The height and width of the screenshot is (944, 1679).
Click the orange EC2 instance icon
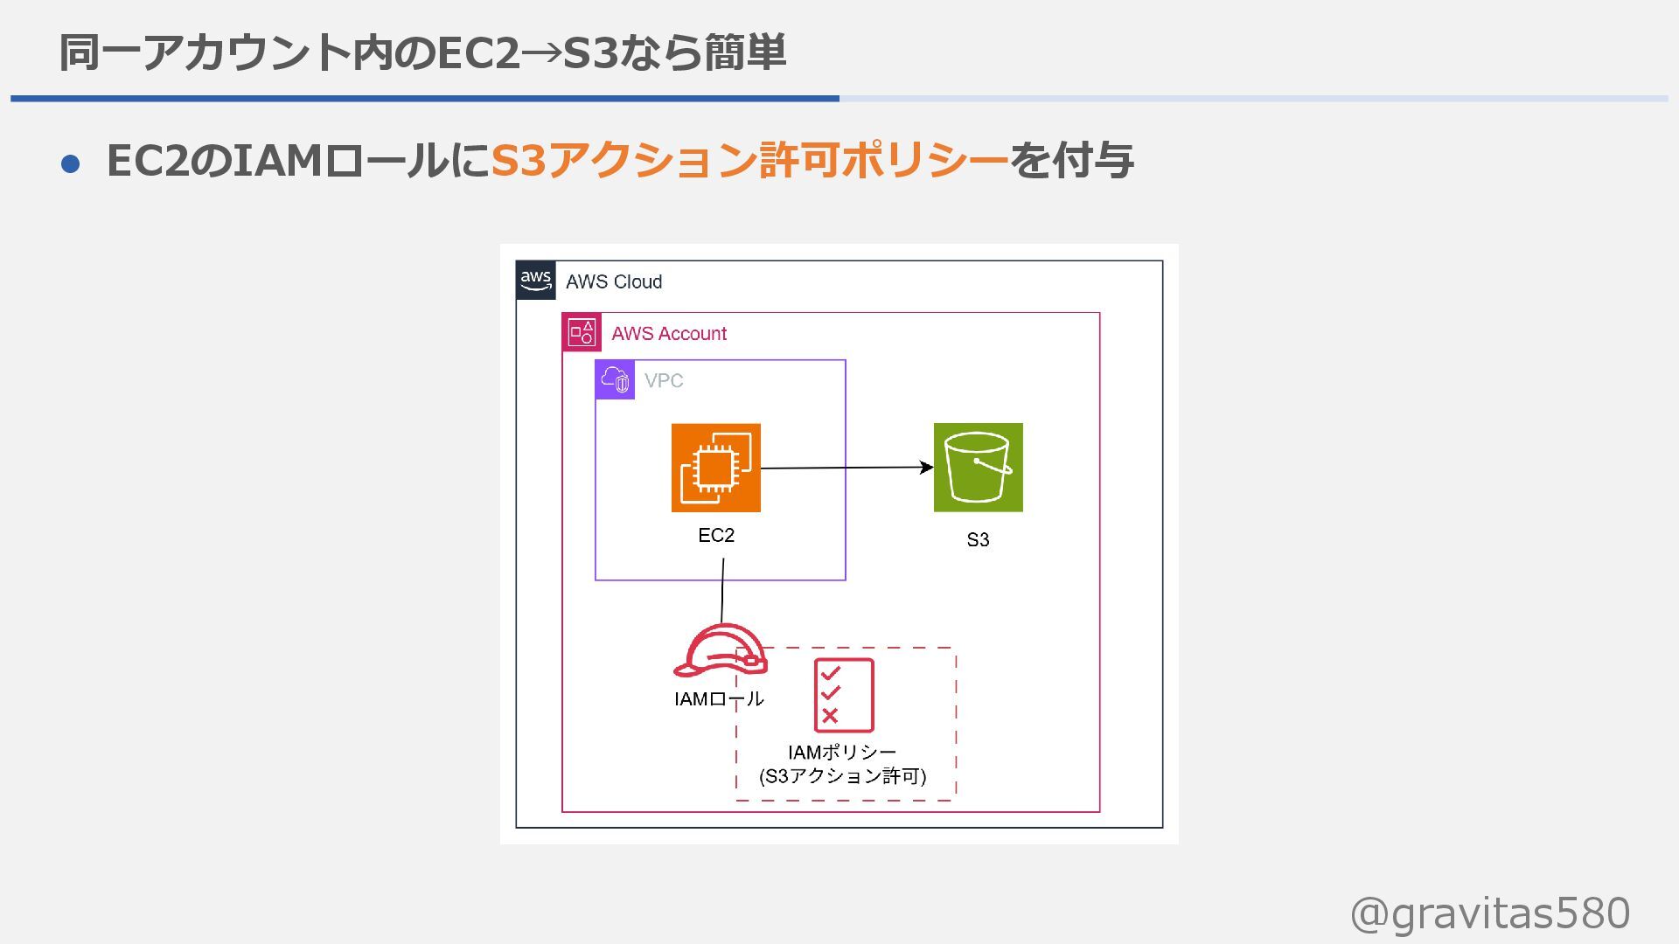(715, 468)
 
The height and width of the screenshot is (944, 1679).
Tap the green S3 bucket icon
(978, 468)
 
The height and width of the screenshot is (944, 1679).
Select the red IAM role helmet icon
(719, 650)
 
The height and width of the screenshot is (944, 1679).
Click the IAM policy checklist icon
(844, 695)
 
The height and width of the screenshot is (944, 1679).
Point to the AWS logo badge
(535, 281)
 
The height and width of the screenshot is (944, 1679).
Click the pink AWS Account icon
(582, 332)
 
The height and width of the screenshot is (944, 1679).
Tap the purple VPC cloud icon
(615, 380)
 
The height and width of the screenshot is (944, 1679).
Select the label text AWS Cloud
(614, 281)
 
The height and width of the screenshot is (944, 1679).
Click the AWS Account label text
(669, 333)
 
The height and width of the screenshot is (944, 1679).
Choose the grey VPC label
(664, 380)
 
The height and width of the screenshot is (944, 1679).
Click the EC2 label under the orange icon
(716, 535)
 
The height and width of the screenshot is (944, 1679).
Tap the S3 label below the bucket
(978, 539)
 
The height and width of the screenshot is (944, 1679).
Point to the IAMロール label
(719, 698)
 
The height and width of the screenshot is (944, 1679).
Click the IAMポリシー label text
(842, 752)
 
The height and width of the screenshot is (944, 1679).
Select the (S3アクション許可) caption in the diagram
(842, 775)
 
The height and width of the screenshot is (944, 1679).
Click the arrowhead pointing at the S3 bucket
(927, 467)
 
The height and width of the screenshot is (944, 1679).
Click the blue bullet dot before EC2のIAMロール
(71, 163)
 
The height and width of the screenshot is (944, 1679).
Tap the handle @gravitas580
(1490, 913)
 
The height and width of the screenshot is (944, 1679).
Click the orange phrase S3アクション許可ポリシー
(749, 161)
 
